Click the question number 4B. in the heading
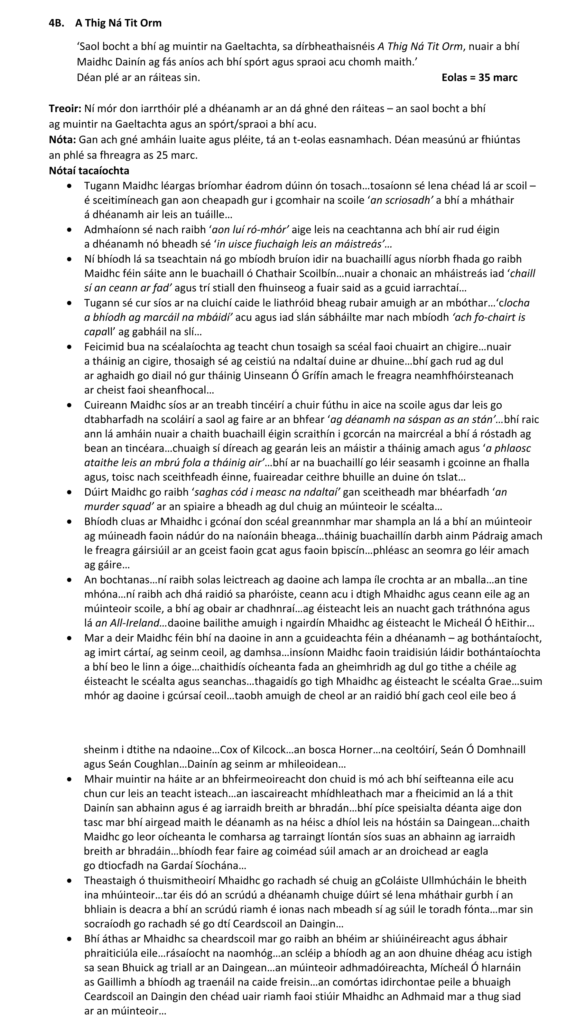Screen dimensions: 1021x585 click(x=56, y=23)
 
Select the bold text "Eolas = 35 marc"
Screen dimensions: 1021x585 click(x=479, y=78)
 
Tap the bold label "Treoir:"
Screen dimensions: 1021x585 click(x=65, y=109)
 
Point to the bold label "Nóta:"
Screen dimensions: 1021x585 click(x=62, y=140)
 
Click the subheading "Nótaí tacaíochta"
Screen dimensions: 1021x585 click(x=89, y=171)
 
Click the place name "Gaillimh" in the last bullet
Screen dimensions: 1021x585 click(x=117, y=982)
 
